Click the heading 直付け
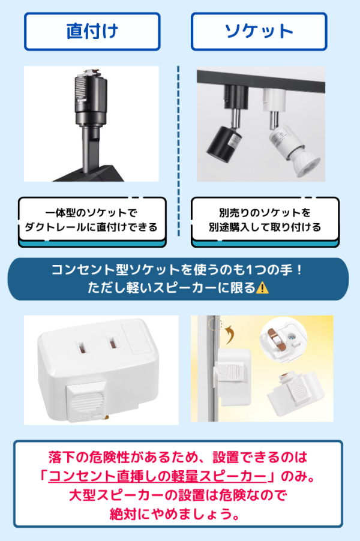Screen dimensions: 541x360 (92, 31)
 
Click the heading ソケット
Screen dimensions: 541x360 (259, 31)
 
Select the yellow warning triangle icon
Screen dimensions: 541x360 (262, 287)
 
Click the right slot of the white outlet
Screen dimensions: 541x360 (112, 346)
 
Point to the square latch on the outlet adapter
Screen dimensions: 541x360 (84, 400)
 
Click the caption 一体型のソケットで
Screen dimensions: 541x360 (92, 213)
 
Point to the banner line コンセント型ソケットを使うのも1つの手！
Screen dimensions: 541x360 (178, 270)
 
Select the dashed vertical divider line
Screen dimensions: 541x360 (178, 150)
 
